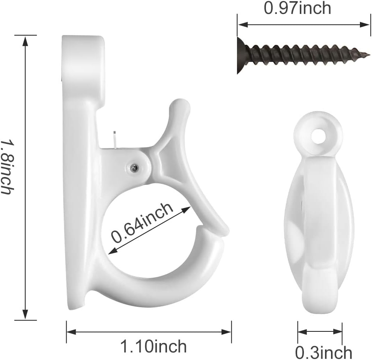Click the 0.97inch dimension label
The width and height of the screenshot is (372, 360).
coord(297,8)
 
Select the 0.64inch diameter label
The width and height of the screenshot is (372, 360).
coord(142,223)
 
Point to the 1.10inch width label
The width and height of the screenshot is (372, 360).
coord(153,346)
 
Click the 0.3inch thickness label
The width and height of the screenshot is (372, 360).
coord(323,352)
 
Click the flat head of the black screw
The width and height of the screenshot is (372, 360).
coord(241,56)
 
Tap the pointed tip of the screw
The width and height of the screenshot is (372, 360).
coord(369,55)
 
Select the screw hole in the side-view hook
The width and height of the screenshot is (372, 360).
coord(318,136)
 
